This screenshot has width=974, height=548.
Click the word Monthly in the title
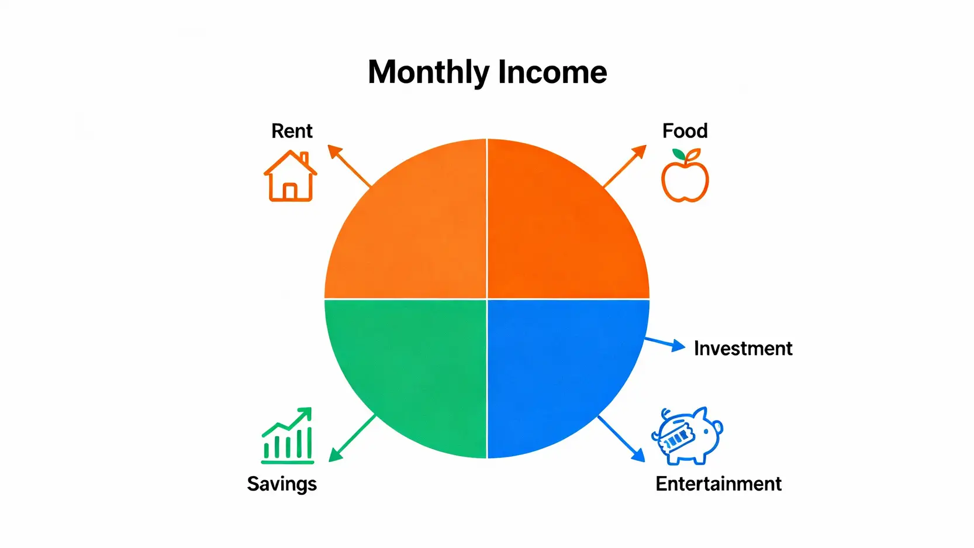[429, 73]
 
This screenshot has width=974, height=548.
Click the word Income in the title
[552, 72]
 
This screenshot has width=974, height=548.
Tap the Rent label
[292, 131]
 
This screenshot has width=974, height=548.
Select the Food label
[685, 131]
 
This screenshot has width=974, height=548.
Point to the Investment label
[743, 349]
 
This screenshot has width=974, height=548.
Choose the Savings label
[282, 484]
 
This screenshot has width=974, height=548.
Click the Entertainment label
[719, 484]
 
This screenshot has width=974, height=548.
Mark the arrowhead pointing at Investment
[678, 346]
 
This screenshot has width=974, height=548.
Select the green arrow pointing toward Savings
[353, 438]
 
